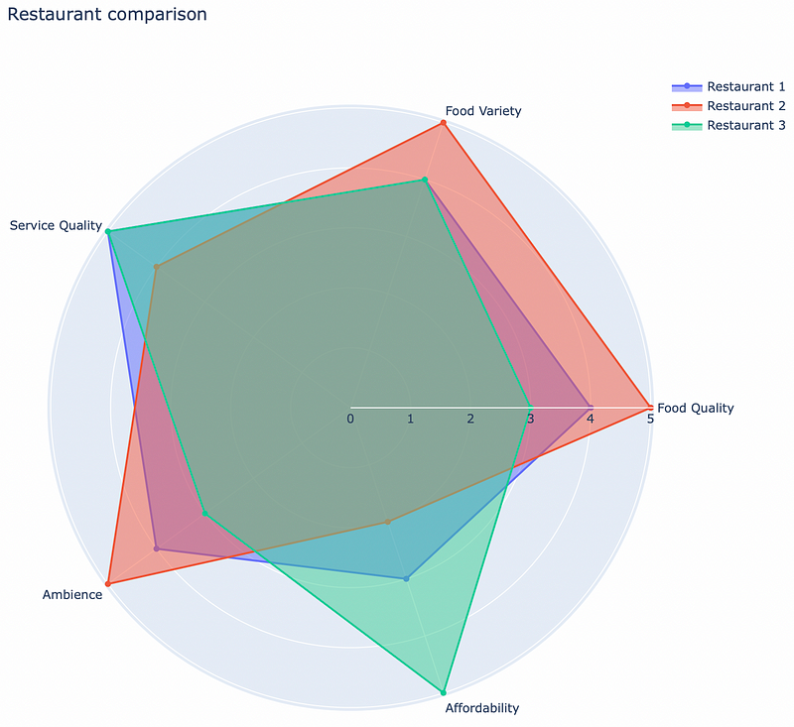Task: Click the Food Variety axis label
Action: pos(483,111)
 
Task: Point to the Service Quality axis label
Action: pos(56,226)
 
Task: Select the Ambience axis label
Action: pos(72,595)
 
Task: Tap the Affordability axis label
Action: pos(481,708)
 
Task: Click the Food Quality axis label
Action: pos(696,408)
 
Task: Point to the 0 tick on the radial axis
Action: pos(350,419)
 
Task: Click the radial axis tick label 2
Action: pos(470,419)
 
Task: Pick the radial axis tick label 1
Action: pos(410,419)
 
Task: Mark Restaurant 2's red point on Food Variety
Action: pos(443,123)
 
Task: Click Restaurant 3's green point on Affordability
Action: pos(443,692)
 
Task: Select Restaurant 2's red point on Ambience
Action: pos(107,583)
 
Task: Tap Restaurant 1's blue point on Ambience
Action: pos(156,548)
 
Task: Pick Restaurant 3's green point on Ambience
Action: pos(204,514)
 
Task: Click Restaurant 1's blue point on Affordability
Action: pos(406,578)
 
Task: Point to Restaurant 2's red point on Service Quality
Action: pos(156,267)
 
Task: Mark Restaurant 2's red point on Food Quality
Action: pos(650,407)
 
